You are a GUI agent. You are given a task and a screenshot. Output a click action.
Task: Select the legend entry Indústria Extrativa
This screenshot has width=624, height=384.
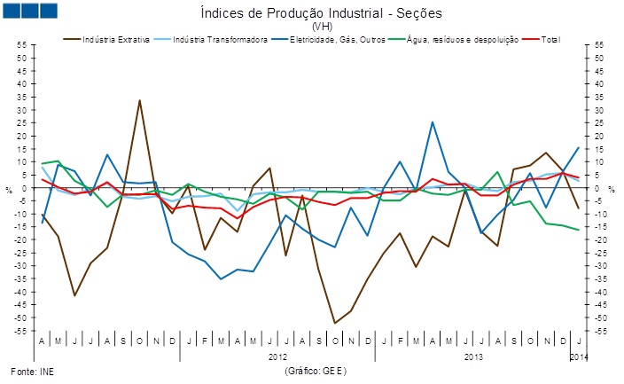(114, 40)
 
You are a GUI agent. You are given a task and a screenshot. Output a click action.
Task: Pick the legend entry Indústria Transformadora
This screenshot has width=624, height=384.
(220, 40)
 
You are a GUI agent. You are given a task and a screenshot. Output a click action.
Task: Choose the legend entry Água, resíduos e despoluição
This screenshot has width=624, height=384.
(461, 40)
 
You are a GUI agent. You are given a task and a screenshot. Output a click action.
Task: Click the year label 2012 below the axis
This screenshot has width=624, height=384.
(278, 357)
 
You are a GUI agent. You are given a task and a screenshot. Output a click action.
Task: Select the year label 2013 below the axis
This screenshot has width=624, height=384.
(473, 357)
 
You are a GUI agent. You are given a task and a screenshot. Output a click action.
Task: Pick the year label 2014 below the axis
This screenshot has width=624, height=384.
(577, 357)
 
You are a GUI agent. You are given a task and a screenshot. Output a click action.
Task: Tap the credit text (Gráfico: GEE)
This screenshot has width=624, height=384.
(315, 370)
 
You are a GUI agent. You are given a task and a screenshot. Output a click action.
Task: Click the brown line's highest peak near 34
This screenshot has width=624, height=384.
(139, 100)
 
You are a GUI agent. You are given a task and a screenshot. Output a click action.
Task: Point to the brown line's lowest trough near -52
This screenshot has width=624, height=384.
(335, 323)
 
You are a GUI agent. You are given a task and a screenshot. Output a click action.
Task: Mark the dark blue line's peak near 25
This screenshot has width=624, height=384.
(433, 122)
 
